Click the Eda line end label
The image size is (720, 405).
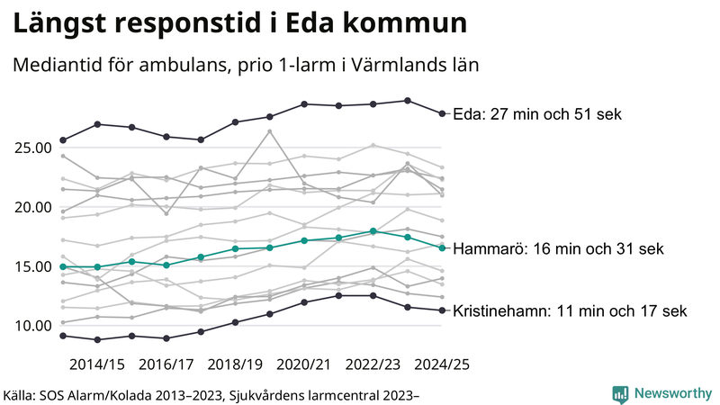[537, 114]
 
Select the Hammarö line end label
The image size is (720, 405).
[558, 248]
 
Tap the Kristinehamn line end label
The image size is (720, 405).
[570, 311]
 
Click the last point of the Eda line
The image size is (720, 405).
[442, 113]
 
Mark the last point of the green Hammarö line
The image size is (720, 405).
[442, 247]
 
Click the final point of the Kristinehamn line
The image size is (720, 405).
[442, 310]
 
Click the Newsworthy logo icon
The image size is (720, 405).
[621, 393]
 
